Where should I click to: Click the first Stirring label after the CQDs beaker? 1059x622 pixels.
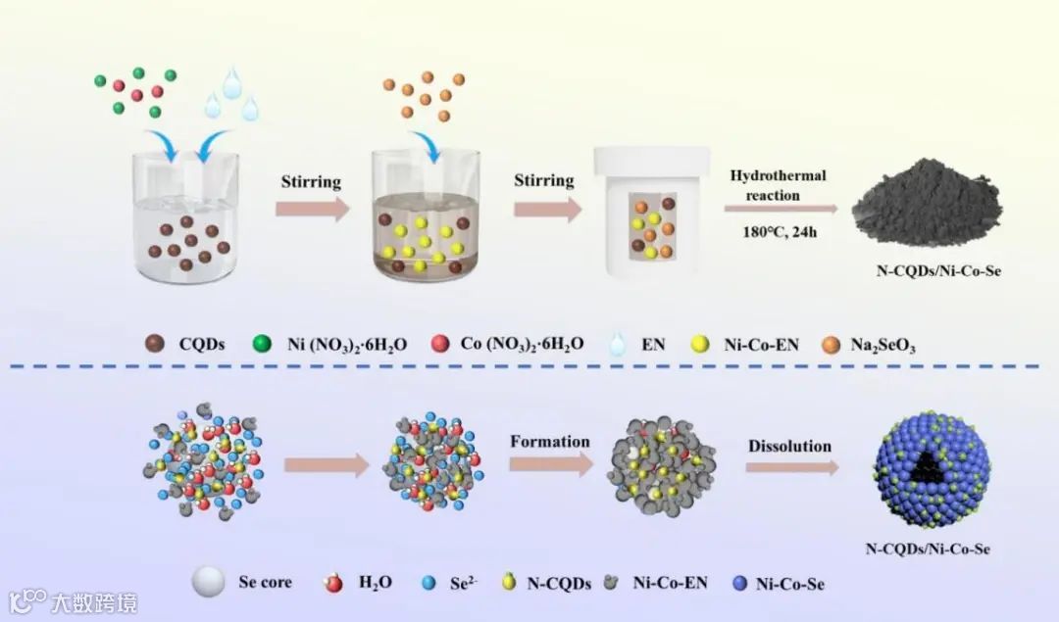312,181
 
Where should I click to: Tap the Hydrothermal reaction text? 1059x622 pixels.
778,185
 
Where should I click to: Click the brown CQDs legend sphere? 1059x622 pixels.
154,343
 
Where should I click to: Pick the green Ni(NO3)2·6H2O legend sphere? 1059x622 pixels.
262,343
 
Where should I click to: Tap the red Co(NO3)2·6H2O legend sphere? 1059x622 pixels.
440,343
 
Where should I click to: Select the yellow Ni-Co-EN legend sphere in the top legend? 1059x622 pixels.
699,343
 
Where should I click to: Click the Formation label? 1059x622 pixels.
550,441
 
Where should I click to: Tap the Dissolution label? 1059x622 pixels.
789,446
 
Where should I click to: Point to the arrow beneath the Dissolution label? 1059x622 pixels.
791,467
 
